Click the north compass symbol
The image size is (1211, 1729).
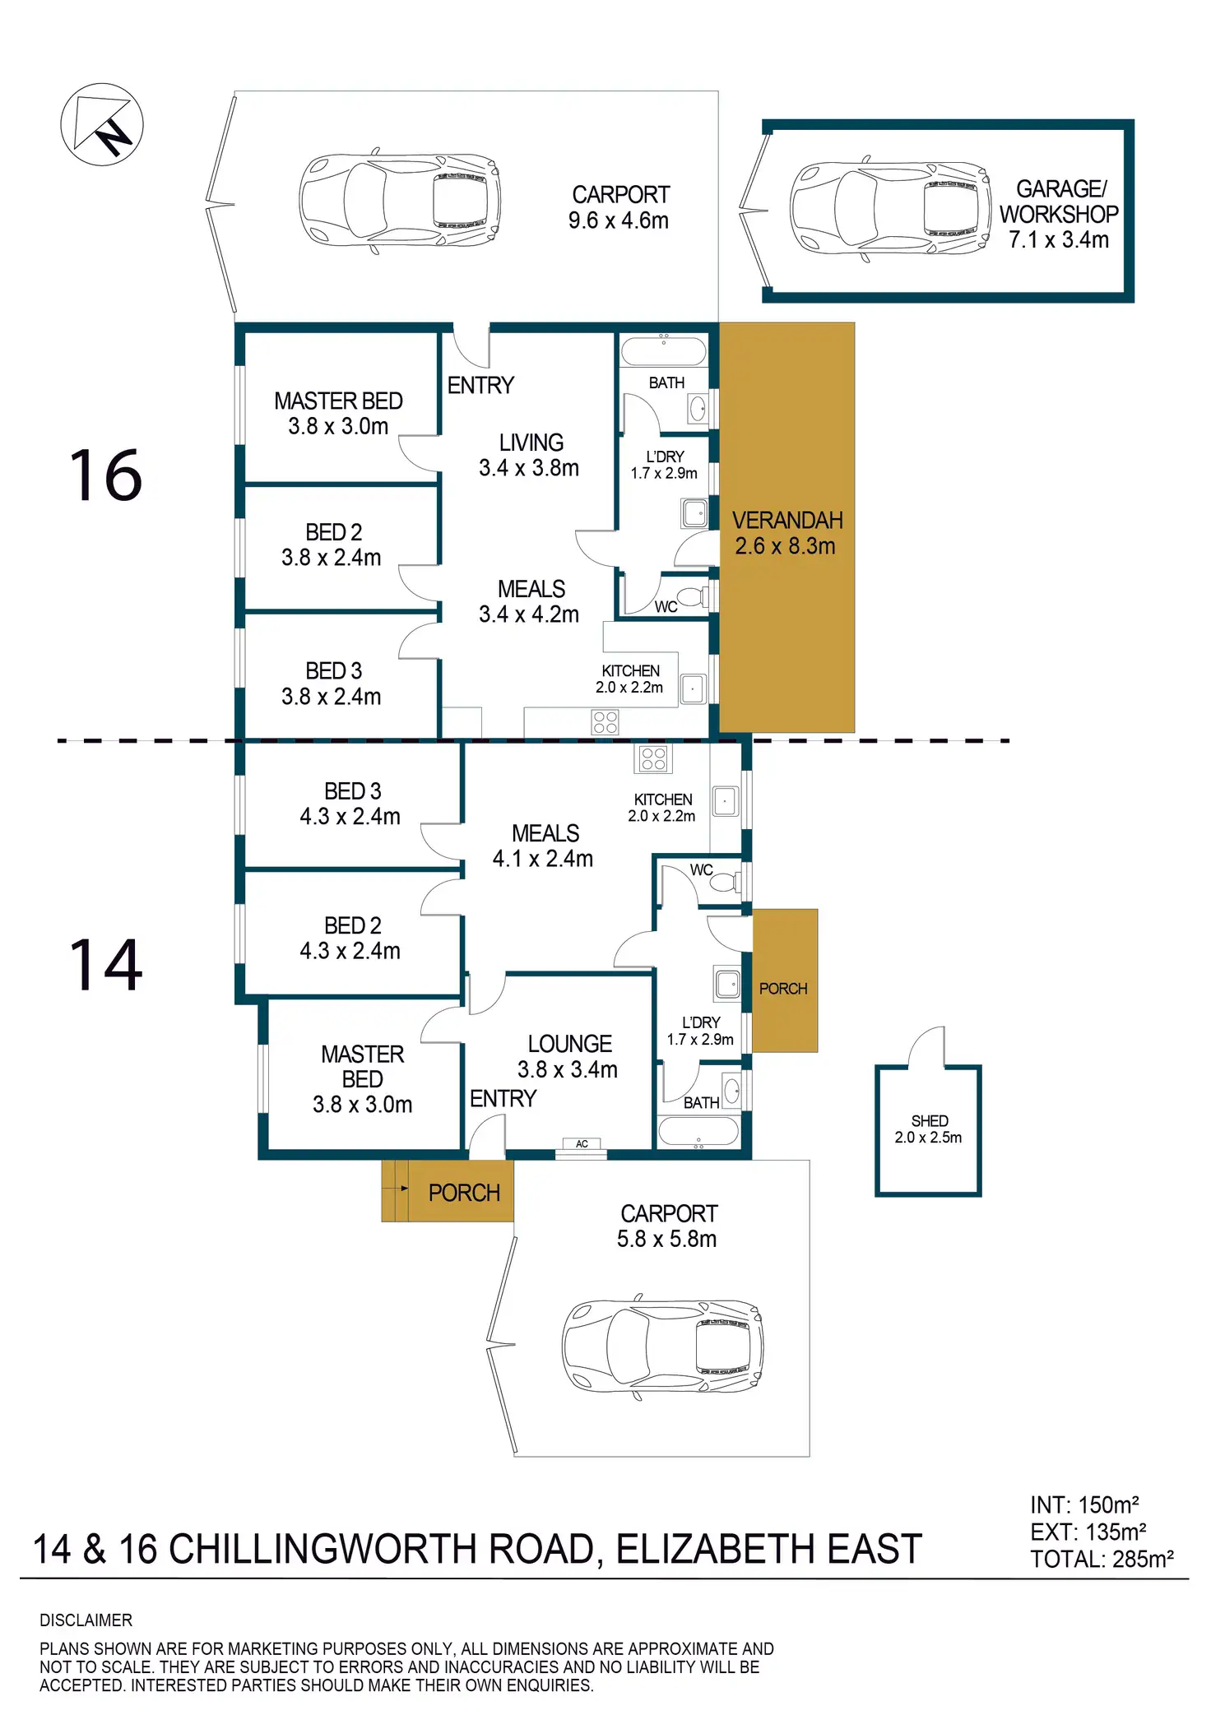click(102, 125)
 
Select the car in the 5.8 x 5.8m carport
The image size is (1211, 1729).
click(662, 1350)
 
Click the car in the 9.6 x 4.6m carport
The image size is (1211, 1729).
click(400, 201)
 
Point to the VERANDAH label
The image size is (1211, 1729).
click(787, 520)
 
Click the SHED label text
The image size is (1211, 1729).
click(930, 1121)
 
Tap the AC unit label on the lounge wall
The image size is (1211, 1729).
click(582, 1144)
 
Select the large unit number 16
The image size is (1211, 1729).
click(105, 475)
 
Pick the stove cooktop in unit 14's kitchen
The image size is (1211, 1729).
click(653, 758)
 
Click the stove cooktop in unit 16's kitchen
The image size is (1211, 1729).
click(605, 723)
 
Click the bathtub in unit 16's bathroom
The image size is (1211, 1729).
click(663, 351)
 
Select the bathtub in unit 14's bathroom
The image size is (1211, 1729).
click(698, 1131)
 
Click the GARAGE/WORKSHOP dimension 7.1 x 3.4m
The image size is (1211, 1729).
click(1059, 239)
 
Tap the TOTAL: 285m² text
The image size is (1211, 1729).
click(1102, 1559)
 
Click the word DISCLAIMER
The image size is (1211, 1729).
click(86, 1620)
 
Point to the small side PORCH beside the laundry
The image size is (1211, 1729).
click(785, 980)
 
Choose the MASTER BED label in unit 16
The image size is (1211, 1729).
click(338, 401)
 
